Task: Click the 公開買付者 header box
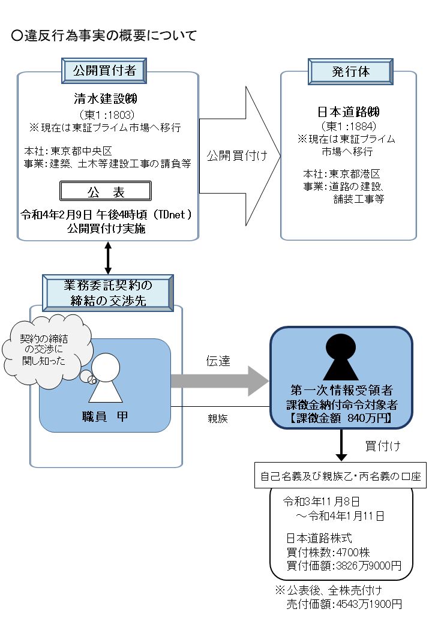click(x=104, y=71)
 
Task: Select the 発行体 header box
click(x=350, y=71)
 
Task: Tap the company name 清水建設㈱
click(x=106, y=100)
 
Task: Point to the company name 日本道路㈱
click(x=348, y=112)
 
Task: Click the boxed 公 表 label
click(x=105, y=191)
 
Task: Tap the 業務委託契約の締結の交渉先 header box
click(x=108, y=292)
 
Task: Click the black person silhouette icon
click(x=341, y=357)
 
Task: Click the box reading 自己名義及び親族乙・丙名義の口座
click(x=341, y=478)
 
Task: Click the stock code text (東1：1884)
click(x=348, y=126)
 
